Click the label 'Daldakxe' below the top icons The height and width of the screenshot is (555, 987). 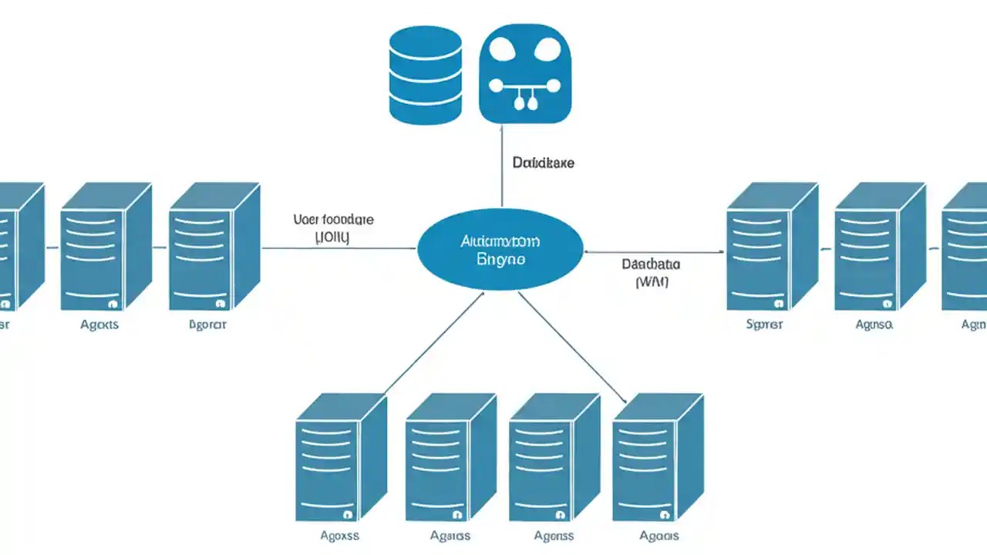(543, 163)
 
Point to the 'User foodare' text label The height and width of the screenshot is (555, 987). (333, 219)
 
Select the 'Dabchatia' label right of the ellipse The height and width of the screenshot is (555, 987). (651, 264)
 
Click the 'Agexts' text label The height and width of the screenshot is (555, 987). (99, 325)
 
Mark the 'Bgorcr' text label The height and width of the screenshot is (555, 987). (207, 325)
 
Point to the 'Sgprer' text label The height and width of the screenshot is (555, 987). (764, 325)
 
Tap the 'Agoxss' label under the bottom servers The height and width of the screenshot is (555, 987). (340, 536)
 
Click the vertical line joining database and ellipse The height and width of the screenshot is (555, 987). (502, 166)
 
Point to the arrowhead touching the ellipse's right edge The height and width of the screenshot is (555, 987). (588, 251)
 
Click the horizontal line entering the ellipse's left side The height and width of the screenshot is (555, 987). (339, 248)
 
